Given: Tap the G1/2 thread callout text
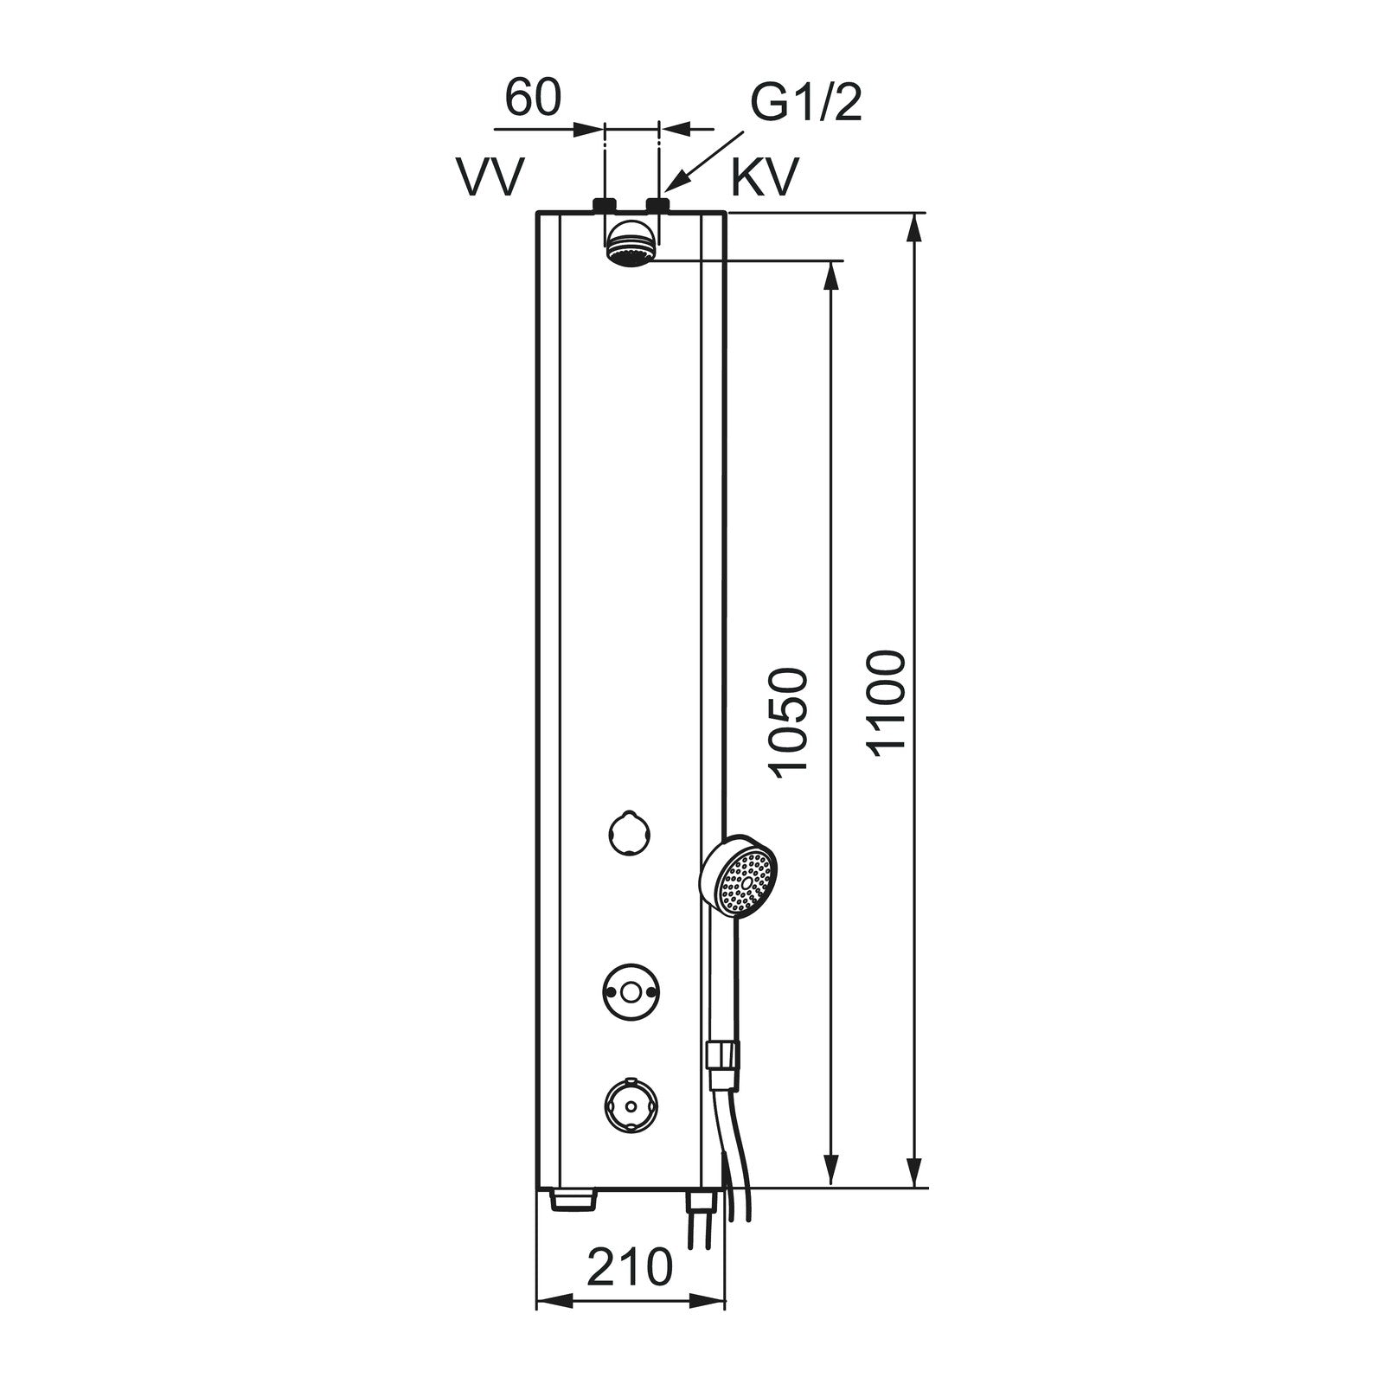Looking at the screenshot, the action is tap(805, 104).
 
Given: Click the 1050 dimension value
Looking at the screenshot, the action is tap(788, 723).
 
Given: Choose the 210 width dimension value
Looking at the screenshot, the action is tap(630, 1268).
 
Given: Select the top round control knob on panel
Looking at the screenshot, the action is tap(629, 833).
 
